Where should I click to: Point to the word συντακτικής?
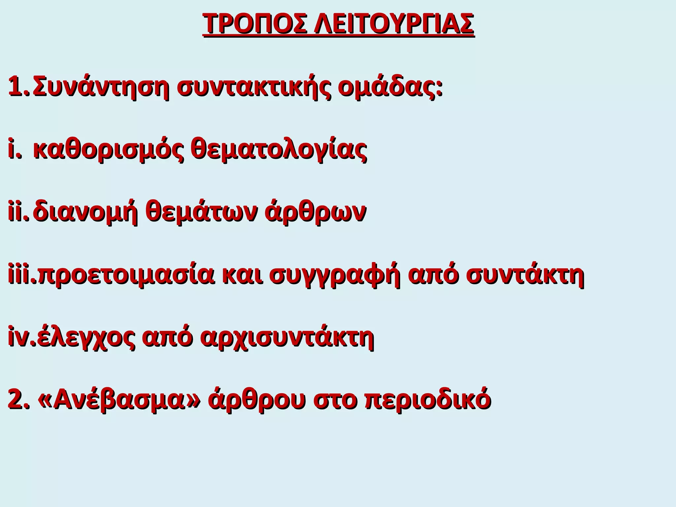(251, 86)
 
